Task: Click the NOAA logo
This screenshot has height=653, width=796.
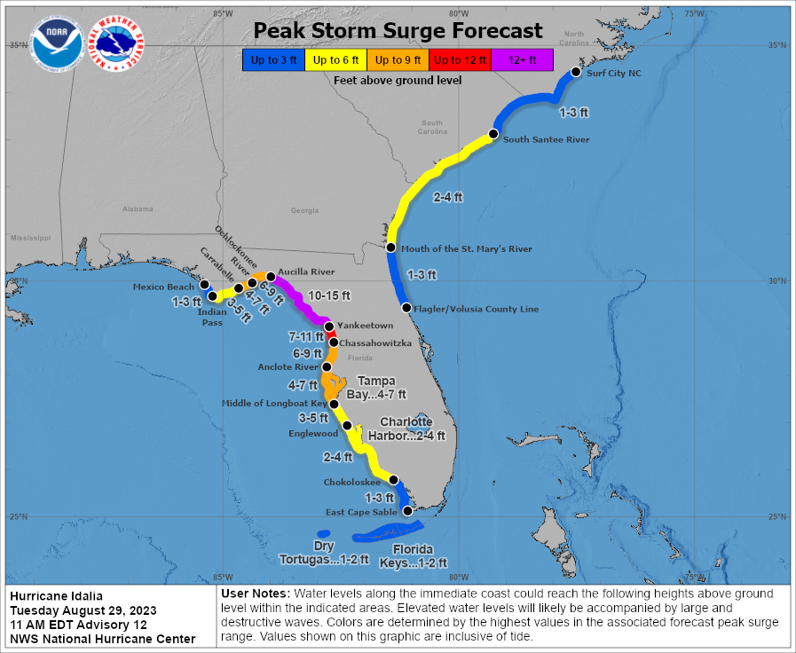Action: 57,45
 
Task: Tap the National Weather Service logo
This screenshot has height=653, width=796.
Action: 119,45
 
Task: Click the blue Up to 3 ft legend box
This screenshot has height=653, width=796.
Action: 272,60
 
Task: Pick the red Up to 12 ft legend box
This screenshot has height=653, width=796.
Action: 459,60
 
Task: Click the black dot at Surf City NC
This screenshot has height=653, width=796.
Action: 575,73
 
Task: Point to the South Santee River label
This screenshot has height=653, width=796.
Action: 546,139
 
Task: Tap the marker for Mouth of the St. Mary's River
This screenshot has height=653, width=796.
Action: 391,248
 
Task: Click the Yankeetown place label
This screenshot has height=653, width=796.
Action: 365,326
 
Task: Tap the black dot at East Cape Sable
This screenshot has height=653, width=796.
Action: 407,511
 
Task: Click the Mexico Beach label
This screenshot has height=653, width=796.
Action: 163,287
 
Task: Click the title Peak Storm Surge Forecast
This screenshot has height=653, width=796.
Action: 398,31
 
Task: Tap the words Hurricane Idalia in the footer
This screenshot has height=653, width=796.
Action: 56,595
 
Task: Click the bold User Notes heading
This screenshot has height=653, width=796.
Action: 253,593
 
